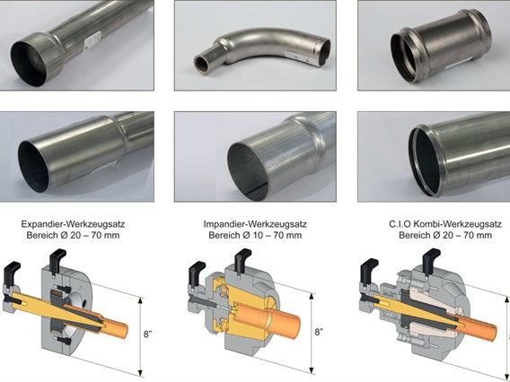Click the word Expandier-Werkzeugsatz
(x=73, y=224)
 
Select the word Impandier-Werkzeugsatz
(x=255, y=224)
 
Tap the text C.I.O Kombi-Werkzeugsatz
(x=445, y=224)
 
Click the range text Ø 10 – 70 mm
(x=272, y=235)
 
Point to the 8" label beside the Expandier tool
(x=147, y=334)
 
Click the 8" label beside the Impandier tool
(x=319, y=332)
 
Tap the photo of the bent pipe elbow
(x=255, y=45)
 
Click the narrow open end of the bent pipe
(x=202, y=63)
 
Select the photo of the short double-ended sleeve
(x=434, y=45)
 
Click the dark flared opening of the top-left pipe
(x=30, y=64)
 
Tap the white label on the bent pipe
(x=297, y=58)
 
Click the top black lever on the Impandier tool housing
(x=242, y=260)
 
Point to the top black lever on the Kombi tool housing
(x=431, y=260)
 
